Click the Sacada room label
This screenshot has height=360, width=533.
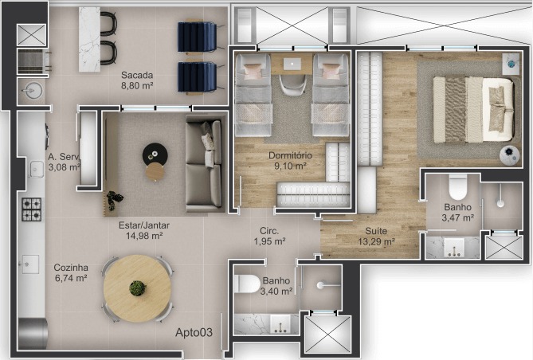(137, 75)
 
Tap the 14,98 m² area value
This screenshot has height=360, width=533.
(144, 236)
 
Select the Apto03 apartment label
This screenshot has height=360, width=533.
(194, 332)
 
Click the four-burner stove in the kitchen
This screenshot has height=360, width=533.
(32, 209)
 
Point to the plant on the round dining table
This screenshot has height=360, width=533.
(137, 288)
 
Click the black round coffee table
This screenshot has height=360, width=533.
(155, 155)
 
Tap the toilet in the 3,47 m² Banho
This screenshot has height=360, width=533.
(457, 187)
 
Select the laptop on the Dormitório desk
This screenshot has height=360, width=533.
(292, 64)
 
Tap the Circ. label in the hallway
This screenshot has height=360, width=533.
(269, 231)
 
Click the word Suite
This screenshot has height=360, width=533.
(376, 231)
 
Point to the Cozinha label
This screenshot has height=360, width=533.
(71, 268)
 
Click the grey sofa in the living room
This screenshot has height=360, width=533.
(204, 164)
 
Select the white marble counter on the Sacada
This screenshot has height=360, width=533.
(89, 40)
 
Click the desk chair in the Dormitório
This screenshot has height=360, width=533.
(292, 85)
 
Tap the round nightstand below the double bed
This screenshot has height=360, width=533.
(510, 155)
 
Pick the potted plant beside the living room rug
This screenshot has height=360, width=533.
(114, 200)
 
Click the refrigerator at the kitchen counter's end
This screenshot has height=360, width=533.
(33, 334)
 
